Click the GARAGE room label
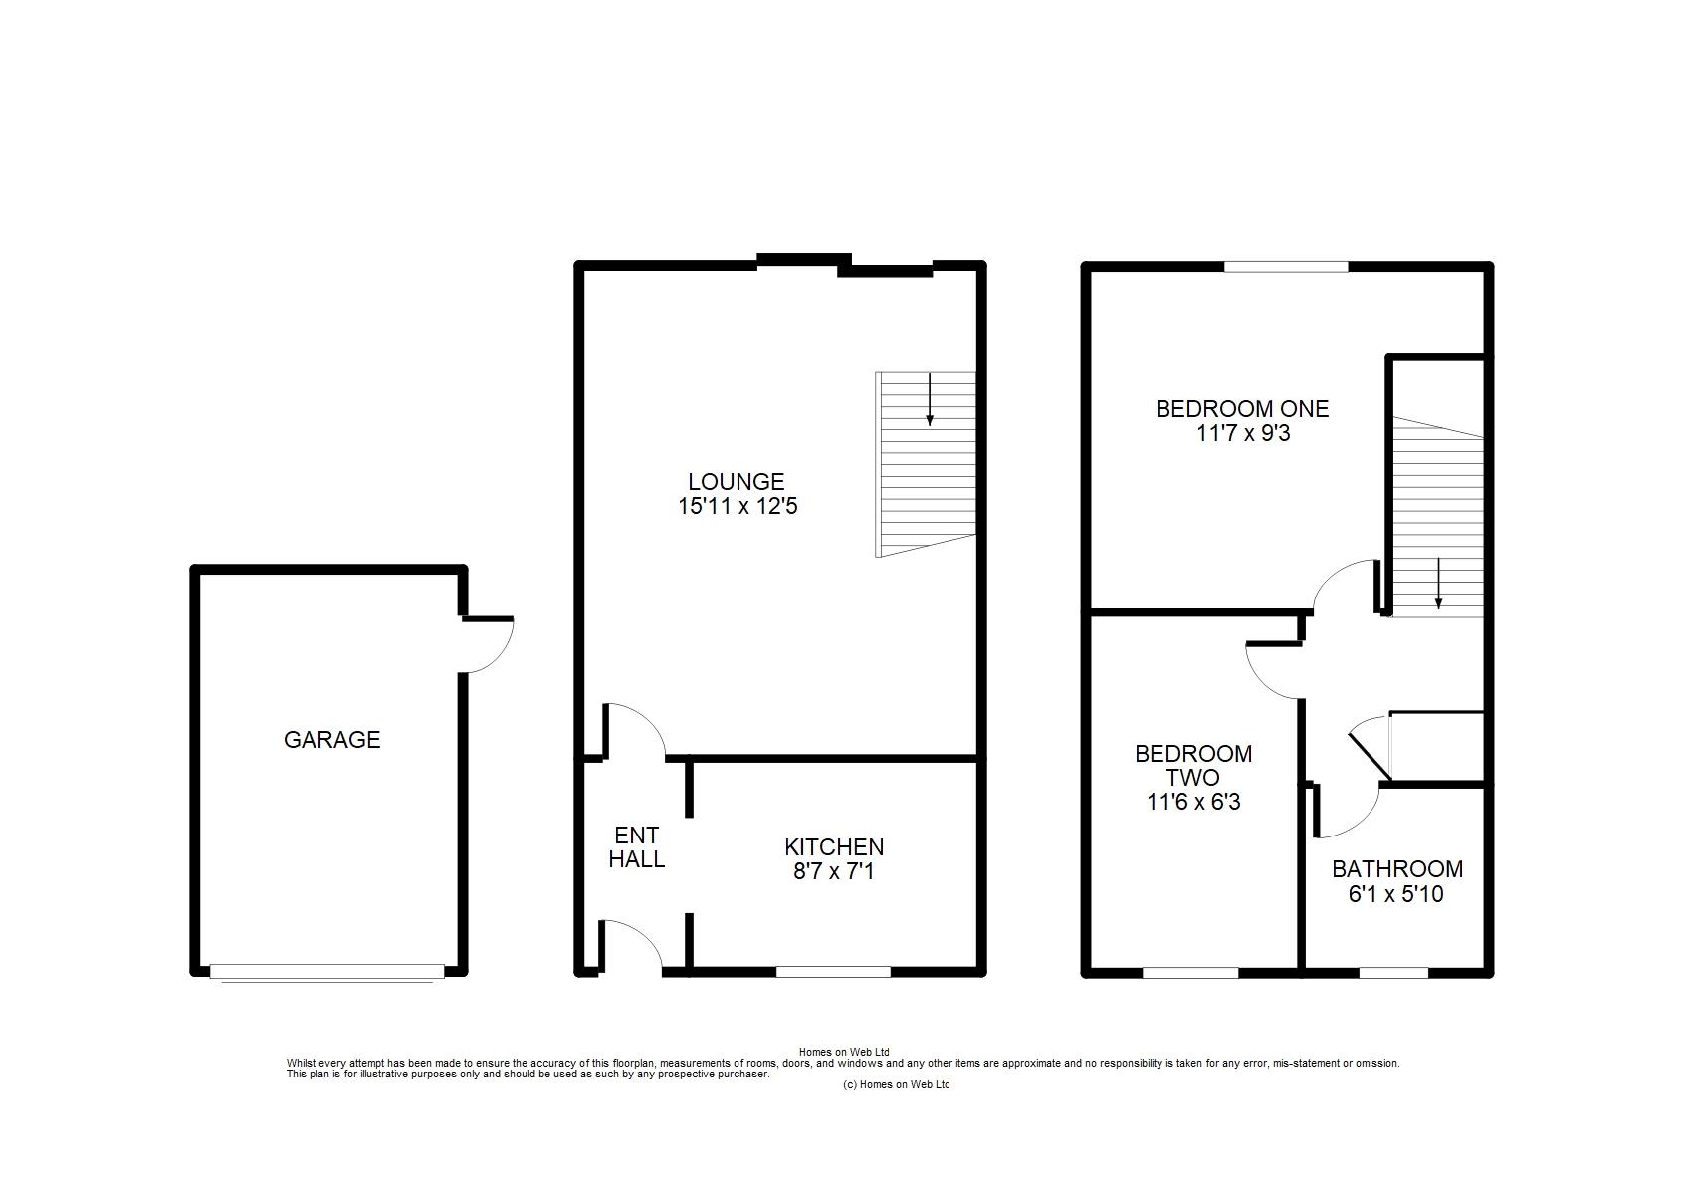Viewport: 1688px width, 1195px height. click(x=331, y=740)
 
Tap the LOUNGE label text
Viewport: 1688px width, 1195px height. click(x=737, y=482)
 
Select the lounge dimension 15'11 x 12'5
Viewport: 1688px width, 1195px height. click(x=738, y=506)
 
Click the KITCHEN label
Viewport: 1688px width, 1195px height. click(x=834, y=847)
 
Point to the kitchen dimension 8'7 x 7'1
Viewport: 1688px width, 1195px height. click(x=833, y=871)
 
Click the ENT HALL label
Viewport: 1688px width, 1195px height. click(x=637, y=847)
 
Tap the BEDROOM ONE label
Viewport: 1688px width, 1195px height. click(x=1243, y=409)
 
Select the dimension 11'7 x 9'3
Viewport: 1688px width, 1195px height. click(x=1243, y=433)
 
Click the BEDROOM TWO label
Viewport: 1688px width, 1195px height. click(x=1193, y=765)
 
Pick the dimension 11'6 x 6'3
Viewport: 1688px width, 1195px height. click(x=1193, y=802)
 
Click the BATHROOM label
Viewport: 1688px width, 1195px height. click(x=1397, y=869)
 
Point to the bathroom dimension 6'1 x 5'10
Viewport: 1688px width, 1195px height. click(x=1396, y=894)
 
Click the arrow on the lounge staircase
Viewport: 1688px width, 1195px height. click(x=930, y=399)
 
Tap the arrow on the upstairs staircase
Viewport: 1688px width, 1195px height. click(x=1438, y=583)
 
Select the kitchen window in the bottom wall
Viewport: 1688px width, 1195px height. click(x=833, y=972)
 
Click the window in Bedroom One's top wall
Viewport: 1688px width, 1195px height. click(x=1286, y=266)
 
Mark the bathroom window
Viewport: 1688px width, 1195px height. click(x=1394, y=973)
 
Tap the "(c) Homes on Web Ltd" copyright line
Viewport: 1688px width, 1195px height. click(x=897, y=1084)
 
